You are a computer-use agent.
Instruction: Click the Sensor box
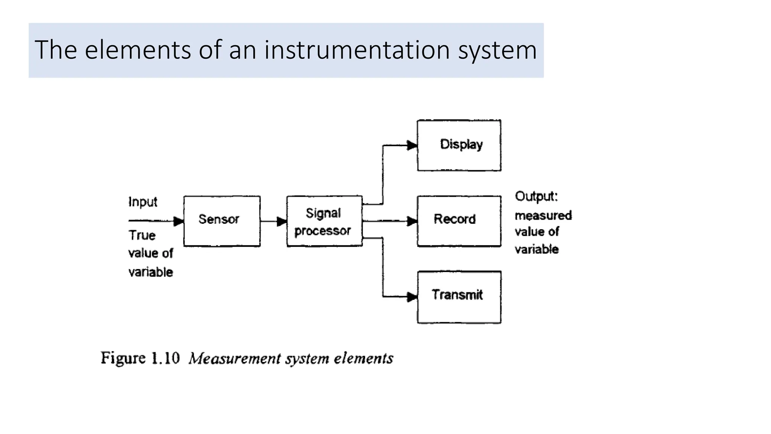(222, 221)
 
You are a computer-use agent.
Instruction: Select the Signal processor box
(324, 221)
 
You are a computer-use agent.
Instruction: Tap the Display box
(459, 145)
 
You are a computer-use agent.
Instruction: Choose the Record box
(459, 221)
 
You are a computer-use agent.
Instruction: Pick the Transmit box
(459, 297)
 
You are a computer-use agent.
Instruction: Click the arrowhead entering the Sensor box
(178, 221)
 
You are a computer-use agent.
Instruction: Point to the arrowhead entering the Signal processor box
(282, 221)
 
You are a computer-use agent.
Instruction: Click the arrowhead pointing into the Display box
(412, 145)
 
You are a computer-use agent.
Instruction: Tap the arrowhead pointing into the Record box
(412, 221)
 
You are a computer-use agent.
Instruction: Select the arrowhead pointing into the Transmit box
(412, 297)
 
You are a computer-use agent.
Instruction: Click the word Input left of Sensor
(143, 202)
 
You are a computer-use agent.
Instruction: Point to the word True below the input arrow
(142, 235)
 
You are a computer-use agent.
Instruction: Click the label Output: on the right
(536, 196)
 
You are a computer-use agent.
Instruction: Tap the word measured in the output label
(543, 215)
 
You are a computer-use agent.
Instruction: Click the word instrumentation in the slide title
(357, 50)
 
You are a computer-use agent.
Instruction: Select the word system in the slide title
(497, 50)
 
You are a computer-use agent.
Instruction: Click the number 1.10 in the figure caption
(165, 358)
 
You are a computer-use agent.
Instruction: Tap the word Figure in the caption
(123, 358)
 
